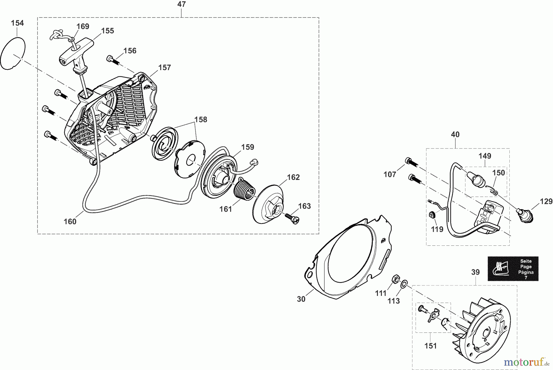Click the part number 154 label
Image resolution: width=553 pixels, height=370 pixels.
point(17,23)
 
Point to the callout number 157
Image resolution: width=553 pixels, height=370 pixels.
point(165,68)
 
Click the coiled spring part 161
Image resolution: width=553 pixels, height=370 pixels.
point(243,189)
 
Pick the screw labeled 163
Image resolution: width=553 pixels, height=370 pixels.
point(292,219)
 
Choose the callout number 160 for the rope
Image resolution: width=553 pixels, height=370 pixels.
point(70,221)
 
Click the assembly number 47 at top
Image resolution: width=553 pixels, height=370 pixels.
point(182,4)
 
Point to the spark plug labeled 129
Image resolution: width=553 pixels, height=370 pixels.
point(524,214)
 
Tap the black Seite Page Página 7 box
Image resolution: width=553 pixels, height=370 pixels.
point(513,269)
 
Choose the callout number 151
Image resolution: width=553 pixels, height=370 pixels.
point(430,346)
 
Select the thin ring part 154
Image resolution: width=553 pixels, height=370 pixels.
point(12,54)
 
